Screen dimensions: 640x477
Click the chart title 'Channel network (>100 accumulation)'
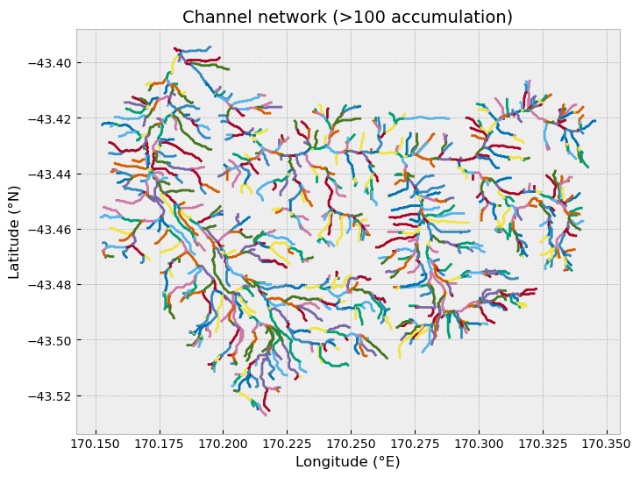pos(347,18)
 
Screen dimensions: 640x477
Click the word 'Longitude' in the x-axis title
pos(333,461)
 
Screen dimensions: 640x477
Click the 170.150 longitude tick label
pos(96,444)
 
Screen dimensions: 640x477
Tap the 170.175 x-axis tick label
pos(160,444)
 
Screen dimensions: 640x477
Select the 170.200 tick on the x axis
pos(224,444)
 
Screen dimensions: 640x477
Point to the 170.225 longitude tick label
pos(288,444)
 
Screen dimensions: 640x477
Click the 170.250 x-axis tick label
pos(351,444)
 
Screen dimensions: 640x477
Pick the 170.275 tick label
pos(415,444)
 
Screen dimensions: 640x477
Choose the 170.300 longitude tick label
pos(480,444)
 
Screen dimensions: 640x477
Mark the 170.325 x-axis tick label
pos(543,444)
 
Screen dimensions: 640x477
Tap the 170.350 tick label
pos(607,444)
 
